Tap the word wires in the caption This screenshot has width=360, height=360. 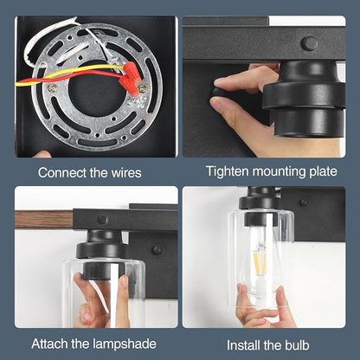point(126,173)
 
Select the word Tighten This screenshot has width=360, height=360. point(228,171)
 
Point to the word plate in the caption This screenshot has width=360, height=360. point(323,172)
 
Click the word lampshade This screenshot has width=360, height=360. point(125,344)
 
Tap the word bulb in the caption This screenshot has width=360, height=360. point(297,345)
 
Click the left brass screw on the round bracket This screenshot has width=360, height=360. point(52,87)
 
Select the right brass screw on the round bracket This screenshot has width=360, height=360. point(143,88)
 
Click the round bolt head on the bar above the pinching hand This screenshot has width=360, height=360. point(309,43)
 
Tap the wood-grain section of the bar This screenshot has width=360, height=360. point(44,220)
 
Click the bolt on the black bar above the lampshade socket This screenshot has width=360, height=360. point(103,219)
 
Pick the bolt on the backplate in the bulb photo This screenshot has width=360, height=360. point(303,202)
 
